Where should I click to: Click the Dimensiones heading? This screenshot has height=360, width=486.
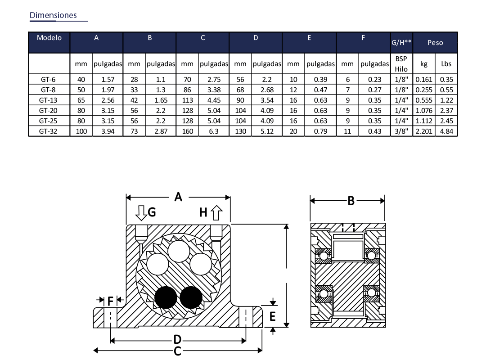(x=53, y=15)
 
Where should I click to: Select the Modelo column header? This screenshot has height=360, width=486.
(x=49, y=37)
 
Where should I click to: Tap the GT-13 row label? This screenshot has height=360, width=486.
(x=48, y=100)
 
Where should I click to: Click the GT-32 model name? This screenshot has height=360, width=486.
(x=48, y=131)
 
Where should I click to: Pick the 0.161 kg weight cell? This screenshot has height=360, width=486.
(x=424, y=79)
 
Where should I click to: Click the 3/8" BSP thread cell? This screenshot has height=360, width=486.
(x=401, y=131)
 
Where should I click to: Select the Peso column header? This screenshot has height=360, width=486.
(x=435, y=43)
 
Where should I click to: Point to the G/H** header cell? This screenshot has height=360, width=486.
(x=401, y=42)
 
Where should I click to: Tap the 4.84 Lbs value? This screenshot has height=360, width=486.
(x=447, y=131)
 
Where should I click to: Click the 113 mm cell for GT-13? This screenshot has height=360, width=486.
(x=187, y=100)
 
